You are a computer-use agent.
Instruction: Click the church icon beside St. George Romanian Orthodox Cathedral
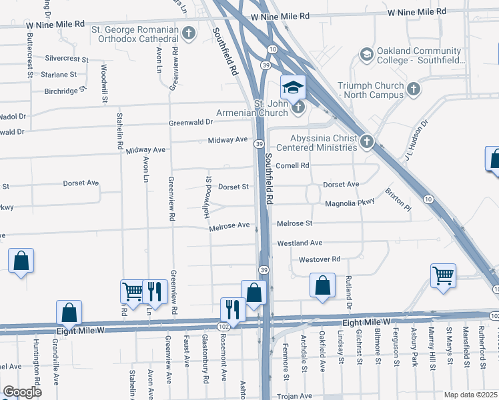pos(189,32)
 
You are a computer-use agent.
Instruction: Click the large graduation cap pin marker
pos(292,87)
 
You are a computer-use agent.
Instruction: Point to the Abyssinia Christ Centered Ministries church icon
pos(366,141)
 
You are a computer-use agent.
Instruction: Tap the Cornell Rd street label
pos(294,165)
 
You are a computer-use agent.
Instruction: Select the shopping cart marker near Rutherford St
pos(444,275)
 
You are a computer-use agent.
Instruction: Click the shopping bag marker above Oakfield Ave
pos(322,285)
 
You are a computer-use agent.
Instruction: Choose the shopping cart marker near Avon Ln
pos(132,291)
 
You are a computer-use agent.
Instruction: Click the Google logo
pos(23,391)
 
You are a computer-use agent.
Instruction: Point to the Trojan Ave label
pos(295,396)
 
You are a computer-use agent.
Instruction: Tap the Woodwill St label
pos(104,83)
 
